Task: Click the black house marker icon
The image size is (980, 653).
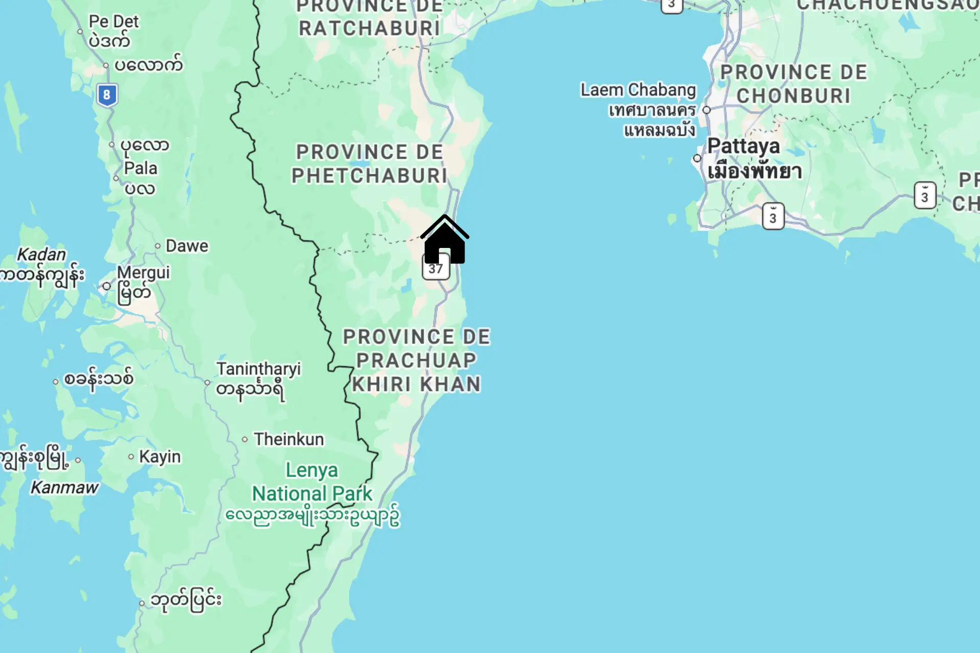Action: pyautogui.click(x=445, y=241)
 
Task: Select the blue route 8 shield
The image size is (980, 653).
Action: pyautogui.click(x=107, y=95)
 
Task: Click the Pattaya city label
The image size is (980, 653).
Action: pyautogui.click(x=744, y=147)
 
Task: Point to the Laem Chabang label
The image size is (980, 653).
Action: pyautogui.click(x=638, y=90)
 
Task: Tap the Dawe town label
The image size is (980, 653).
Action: pyautogui.click(x=187, y=246)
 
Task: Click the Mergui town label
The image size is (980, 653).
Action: pyautogui.click(x=143, y=273)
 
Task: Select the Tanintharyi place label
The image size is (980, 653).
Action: pyautogui.click(x=258, y=369)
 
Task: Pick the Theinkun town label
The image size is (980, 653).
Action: pyautogui.click(x=289, y=439)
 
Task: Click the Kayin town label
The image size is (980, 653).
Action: pyautogui.click(x=160, y=457)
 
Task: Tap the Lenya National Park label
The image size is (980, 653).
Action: pyautogui.click(x=312, y=482)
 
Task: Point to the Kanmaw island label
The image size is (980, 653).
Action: pyautogui.click(x=64, y=488)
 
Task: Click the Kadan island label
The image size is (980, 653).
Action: pyautogui.click(x=41, y=254)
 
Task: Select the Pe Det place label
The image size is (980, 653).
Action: pyautogui.click(x=113, y=21)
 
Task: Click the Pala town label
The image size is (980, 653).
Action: pyautogui.click(x=140, y=168)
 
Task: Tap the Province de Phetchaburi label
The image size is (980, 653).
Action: pyautogui.click(x=370, y=164)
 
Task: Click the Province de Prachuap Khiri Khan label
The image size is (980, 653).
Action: pyautogui.click(x=416, y=360)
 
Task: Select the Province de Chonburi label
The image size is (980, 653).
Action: pyautogui.click(x=794, y=84)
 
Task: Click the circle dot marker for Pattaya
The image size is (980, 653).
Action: pyautogui.click(x=697, y=159)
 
